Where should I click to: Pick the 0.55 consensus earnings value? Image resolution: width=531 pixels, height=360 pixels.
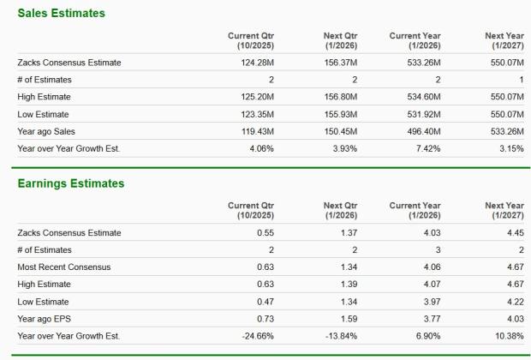[x=265, y=233]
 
